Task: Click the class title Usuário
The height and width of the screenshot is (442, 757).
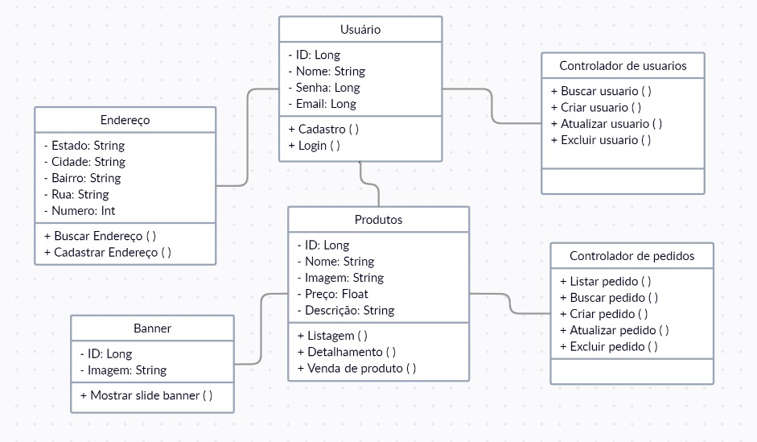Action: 360,30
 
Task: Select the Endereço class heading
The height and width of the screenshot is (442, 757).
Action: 125,120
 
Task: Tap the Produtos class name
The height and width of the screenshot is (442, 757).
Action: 378,220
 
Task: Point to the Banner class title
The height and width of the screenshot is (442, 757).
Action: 152,328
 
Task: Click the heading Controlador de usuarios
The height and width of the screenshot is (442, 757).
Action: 623,66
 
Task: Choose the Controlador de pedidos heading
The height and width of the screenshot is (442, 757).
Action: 632,256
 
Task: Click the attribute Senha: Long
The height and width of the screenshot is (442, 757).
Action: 327,88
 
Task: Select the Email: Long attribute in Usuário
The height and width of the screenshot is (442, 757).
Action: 325,104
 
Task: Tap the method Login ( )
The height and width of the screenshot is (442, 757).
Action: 314,146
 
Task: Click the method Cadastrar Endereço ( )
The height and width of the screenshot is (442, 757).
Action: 107,252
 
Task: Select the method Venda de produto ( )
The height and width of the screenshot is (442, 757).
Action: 356,369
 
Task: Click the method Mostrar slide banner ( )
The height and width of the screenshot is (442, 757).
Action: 146,395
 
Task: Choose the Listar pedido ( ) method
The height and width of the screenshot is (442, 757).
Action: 605,282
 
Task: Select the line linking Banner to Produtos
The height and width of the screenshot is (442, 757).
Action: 261,330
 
